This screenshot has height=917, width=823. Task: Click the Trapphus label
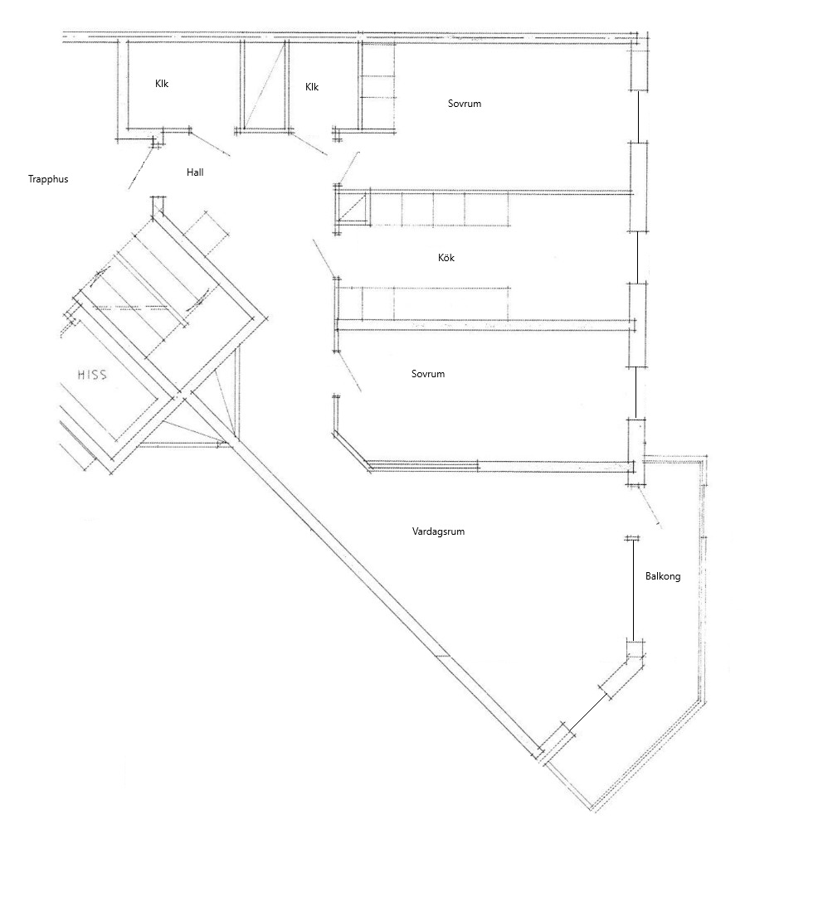(x=48, y=179)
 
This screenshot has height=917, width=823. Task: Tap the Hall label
(x=195, y=172)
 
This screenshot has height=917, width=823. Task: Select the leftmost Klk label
(x=162, y=84)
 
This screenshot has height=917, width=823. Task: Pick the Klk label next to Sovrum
(x=312, y=86)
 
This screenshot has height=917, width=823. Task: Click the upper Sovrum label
(x=464, y=104)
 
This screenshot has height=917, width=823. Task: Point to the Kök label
(x=446, y=257)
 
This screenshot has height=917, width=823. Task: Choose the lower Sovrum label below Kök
(x=428, y=374)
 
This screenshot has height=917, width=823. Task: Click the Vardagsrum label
(x=438, y=531)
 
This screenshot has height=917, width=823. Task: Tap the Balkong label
(x=663, y=576)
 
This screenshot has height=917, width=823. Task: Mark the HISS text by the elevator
(x=92, y=374)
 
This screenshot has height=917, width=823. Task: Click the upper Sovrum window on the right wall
(x=638, y=116)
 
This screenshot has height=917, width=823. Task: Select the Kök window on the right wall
(x=637, y=258)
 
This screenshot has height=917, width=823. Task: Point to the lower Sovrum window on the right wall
(x=636, y=393)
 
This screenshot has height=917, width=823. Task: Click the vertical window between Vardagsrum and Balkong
(x=633, y=590)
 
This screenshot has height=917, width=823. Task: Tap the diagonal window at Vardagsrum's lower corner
(x=587, y=711)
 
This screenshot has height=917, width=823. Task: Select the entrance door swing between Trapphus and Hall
(x=141, y=167)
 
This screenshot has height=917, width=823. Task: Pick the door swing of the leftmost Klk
(x=210, y=144)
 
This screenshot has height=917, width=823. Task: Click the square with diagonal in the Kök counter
(x=353, y=208)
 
